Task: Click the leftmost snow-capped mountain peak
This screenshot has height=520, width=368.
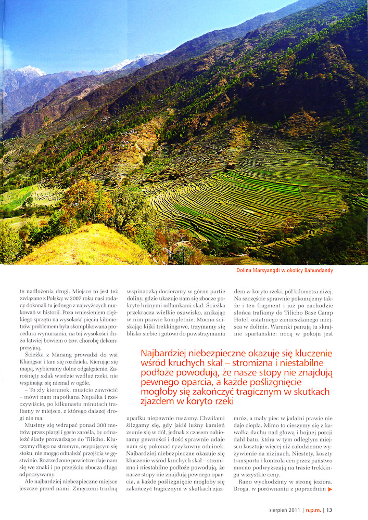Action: pos(30,68)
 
